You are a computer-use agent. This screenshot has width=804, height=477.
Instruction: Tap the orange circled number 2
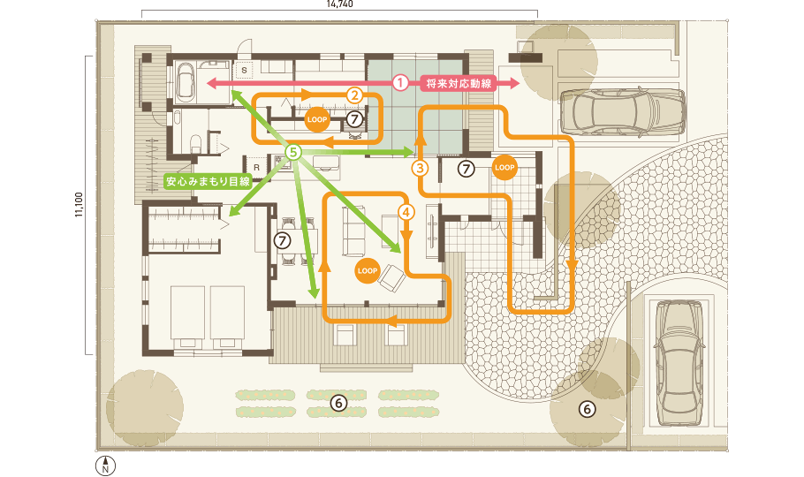coord(353,94)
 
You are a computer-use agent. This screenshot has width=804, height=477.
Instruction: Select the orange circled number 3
coord(421,166)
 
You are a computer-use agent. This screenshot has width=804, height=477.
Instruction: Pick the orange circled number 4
coord(406,212)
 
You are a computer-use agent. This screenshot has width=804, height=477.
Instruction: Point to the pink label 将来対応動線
coord(458,83)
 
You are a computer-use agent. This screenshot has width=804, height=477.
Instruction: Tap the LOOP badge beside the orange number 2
coord(317,117)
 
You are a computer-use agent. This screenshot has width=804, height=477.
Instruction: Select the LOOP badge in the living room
coord(368,269)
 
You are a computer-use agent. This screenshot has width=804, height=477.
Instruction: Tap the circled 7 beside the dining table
coord(282,239)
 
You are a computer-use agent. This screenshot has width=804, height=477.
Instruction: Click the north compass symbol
coord(105,466)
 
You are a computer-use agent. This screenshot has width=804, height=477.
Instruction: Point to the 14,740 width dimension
coord(339,4)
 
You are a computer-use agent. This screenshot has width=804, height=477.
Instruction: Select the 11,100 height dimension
coord(79,204)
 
